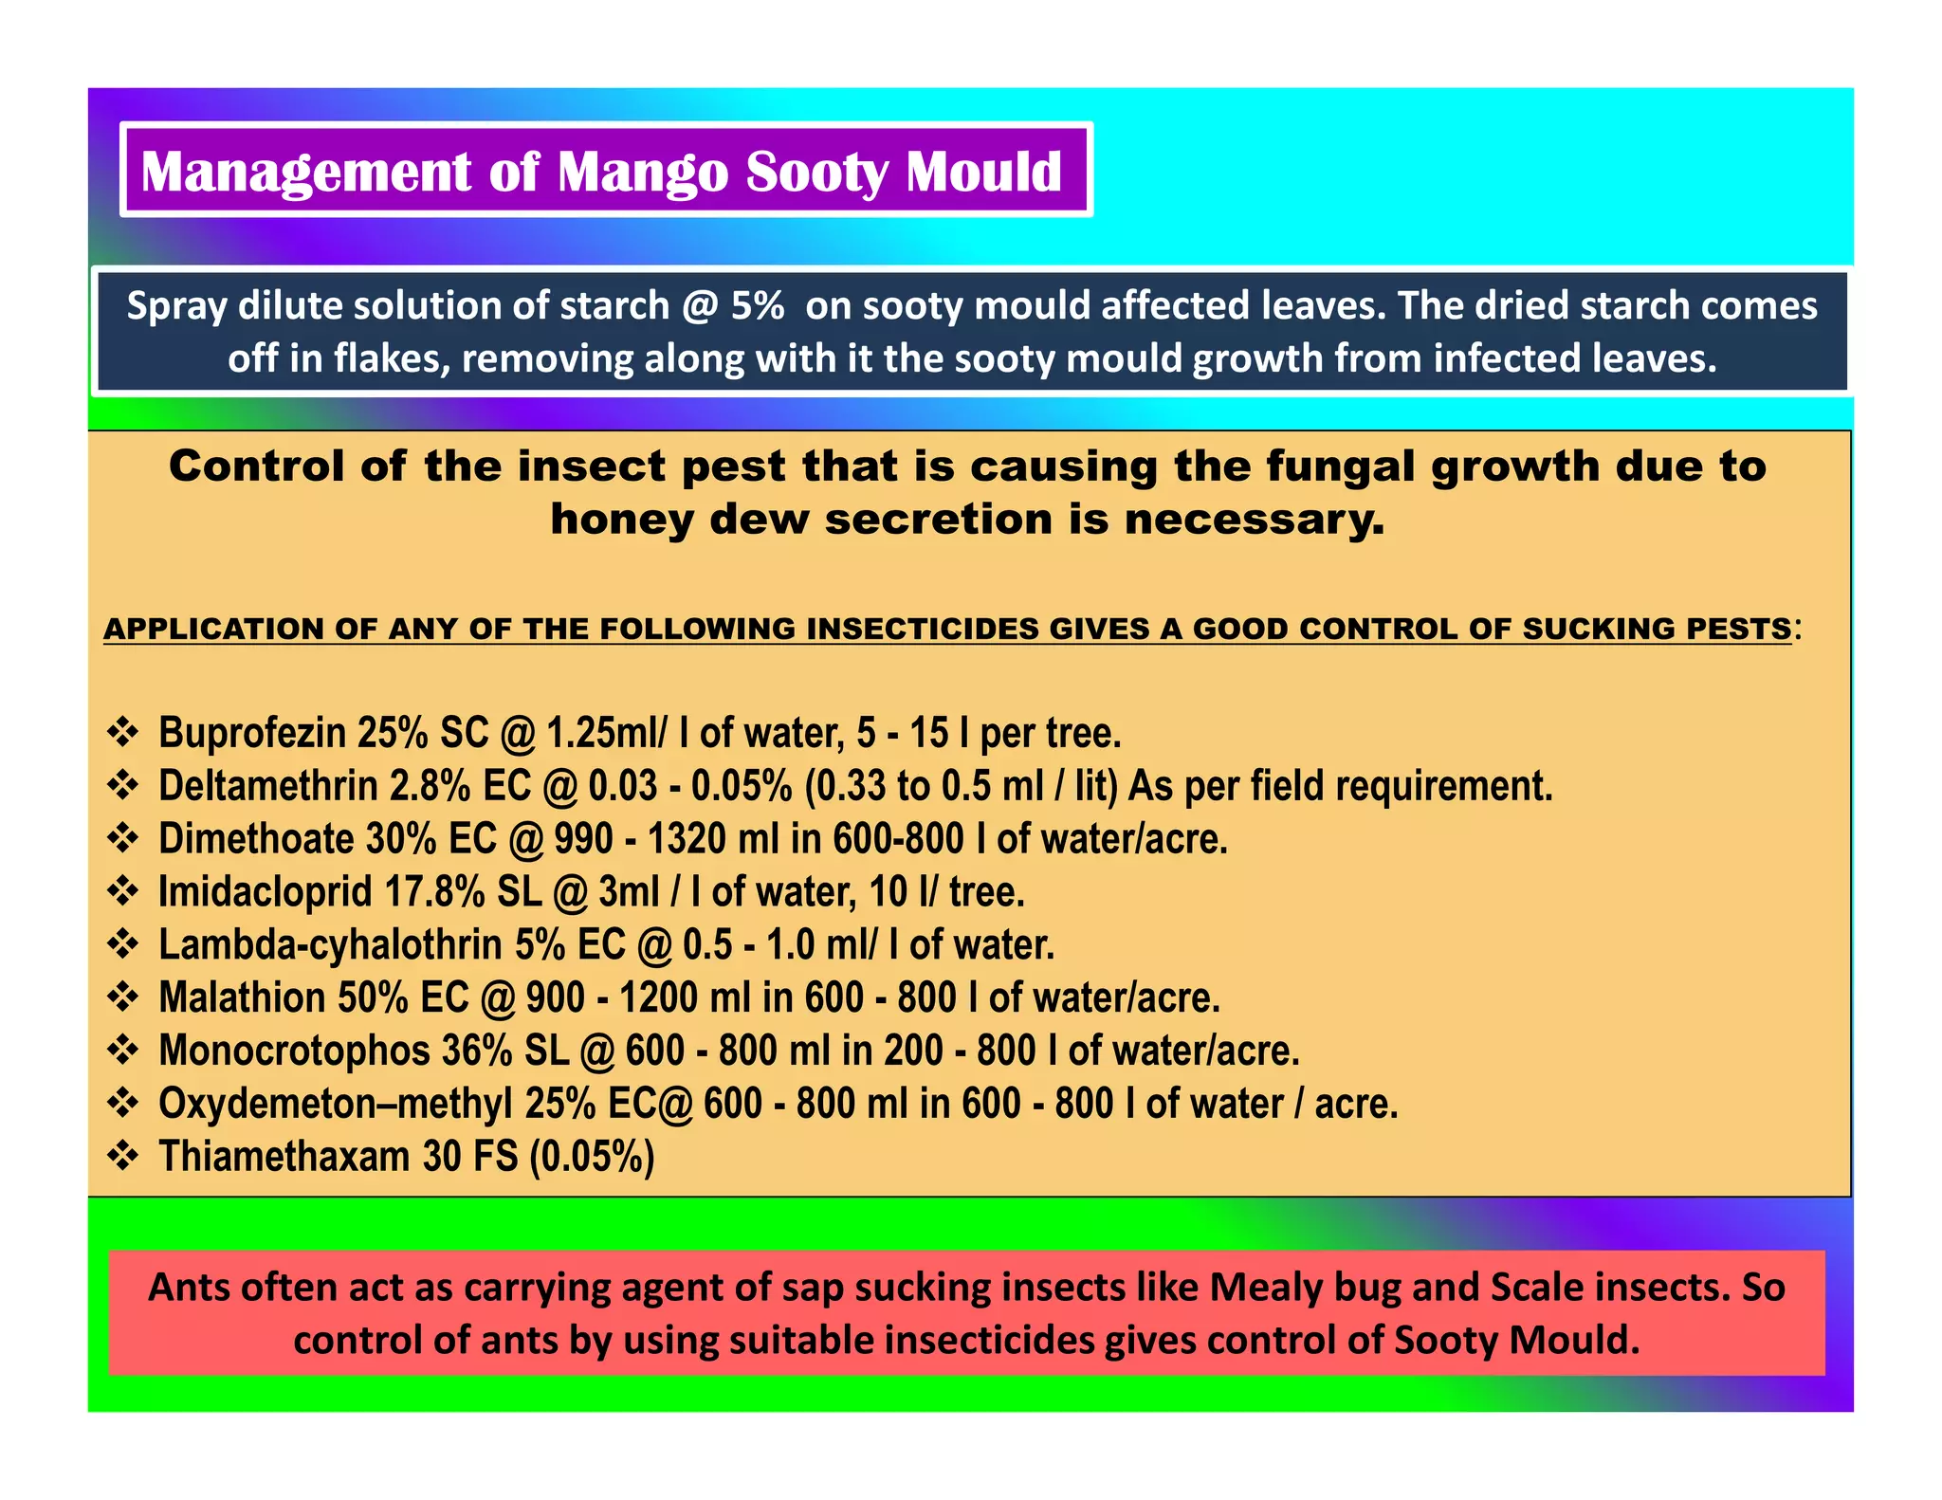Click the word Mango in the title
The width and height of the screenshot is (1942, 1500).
[644, 174]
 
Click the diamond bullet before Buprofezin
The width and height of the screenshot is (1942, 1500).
[123, 732]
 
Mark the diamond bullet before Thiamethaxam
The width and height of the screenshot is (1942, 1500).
[123, 1156]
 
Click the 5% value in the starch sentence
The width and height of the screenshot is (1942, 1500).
[758, 306]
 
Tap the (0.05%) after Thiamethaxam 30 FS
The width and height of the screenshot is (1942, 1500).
[592, 1158]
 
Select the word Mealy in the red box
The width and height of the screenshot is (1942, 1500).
[1265, 1288]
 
